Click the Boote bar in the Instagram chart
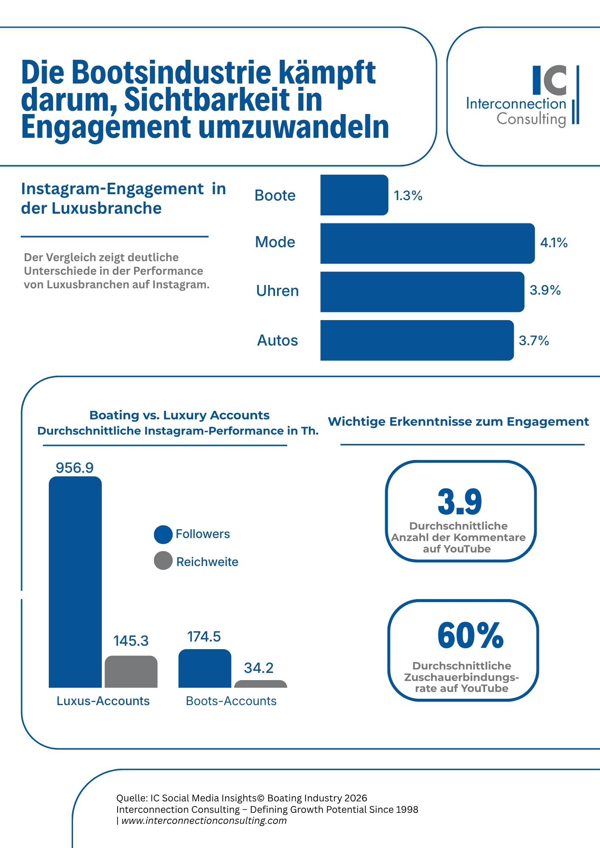click(x=354, y=195)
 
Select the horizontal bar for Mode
click(x=427, y=243)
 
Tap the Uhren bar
click(x=422, y=292)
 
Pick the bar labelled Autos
click(x=417, y=340)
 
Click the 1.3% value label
click(x=408, y=195)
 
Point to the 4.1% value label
click(x=553, y=243)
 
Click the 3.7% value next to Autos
click(x=533, y=340)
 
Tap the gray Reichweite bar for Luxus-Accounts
click(x=131, y=672)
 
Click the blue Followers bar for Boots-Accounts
click(x=205, y=669)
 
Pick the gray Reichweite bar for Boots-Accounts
click(x=261, y=684)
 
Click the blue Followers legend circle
click(x=163, y=534)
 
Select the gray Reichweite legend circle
click(x=163, y=561)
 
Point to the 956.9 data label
click(x=75, y=468)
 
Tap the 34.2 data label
click(x=258, y=668)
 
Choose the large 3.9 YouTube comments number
click(x=460, y=502)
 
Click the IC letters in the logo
click(x=550, y=80)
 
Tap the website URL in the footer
click(x=204, y=820)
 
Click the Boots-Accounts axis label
click(x=231, y=701)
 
